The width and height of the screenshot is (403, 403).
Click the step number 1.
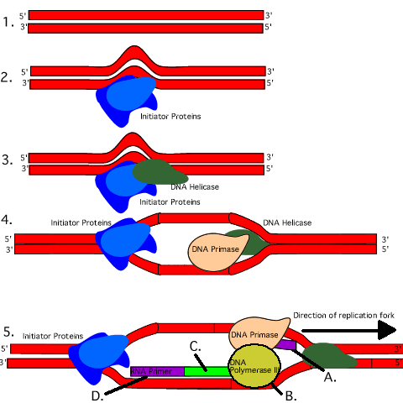[x=8, y=22]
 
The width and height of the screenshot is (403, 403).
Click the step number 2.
[x=8, y=77]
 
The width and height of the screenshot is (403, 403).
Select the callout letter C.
[x=194, y=346]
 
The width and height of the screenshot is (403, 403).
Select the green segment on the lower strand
[x=206, y=370]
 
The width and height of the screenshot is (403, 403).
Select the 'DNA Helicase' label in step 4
[x=287, y=222]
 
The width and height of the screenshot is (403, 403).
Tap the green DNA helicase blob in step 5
[x=332, y=354]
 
